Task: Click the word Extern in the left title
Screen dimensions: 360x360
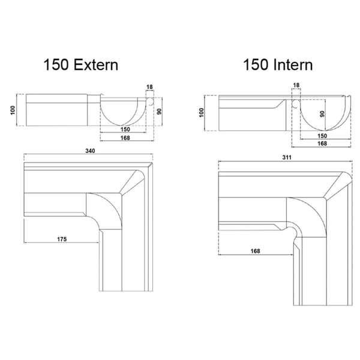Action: pyautogui.click(x=96, y=65)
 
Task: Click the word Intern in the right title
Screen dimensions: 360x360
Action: pyautogui.click(x=293, y=65)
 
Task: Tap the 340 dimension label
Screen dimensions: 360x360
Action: pyautogui.click(x=90, y=151)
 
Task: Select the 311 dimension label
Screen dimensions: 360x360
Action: pyautogui.click(x=287, y=157)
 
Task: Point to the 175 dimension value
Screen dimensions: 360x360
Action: pyautogui.click(x=62, y=239)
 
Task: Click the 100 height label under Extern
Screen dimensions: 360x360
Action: pyautogui.click(x=13, y=110)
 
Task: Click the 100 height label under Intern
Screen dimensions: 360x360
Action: pyautogui.click(x=202, y=113)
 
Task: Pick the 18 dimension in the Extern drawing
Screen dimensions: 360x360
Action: pyautogui.click(x=149, y=87)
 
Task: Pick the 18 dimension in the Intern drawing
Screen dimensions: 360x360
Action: pyautogui.click(x=296, y=85)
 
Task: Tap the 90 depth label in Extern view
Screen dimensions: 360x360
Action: pyautogui.click(x=159, y=112)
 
